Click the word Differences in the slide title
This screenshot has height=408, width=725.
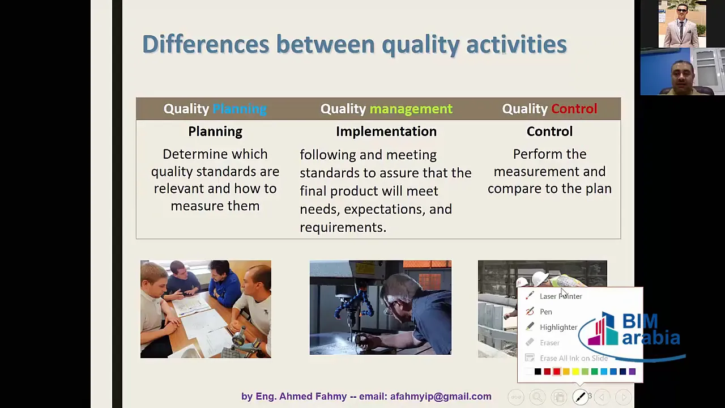[206, 44]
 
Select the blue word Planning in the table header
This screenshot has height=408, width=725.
[240, 109]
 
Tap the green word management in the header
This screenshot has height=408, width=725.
[411, 109]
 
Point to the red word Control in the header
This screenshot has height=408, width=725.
[574, 109]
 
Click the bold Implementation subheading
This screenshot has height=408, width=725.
[386, 131]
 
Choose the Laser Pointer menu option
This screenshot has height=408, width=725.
[561, 296]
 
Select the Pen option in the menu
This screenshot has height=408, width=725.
[546, 312]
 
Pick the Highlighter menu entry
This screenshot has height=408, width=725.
[558, 328]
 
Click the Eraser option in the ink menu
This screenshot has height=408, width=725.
[549, 343]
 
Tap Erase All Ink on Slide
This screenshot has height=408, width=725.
[574, 358]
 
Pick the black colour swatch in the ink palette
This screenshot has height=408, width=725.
[538, 372]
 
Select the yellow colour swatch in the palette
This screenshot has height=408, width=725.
[575, 372]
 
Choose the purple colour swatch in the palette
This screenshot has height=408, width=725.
[632, 372]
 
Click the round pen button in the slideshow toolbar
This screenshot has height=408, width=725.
[581, 397]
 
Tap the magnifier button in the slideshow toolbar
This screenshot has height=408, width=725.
[538, 397]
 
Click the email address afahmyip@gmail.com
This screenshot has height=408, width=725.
[441, 396]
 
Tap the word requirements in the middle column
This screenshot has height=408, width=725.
[343, 227]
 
